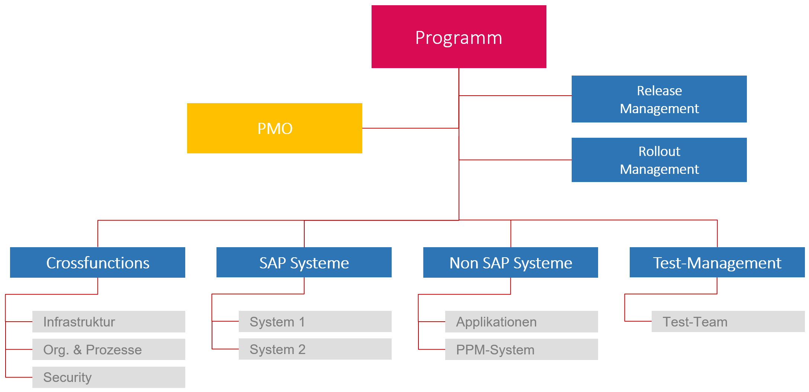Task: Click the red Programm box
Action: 459,36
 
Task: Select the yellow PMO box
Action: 275,128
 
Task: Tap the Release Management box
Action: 659,99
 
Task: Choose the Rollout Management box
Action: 659,160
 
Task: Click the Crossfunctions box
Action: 97,262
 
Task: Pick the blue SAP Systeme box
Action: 304,262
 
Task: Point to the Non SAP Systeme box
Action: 510,262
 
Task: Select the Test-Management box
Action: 717,262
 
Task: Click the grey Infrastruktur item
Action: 109,322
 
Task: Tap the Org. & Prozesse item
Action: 109,349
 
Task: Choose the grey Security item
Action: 109,377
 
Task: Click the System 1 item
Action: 315,321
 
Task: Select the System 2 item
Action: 315,349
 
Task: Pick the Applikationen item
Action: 521,322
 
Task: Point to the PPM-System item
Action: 521,349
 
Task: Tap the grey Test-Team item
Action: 728,321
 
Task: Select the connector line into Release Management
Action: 515,96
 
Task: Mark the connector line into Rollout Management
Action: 515,160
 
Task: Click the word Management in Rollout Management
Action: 659,169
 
